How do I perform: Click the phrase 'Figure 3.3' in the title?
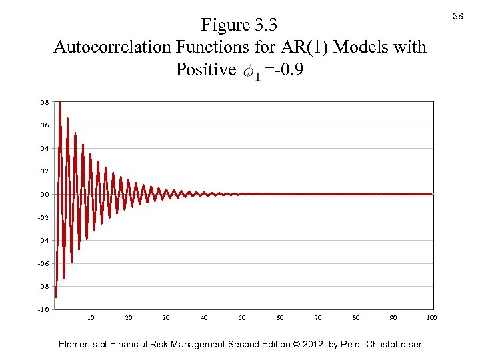coord(239,25)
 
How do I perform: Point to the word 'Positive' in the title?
coord(205,69)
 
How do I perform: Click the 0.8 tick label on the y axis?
coord(44,102)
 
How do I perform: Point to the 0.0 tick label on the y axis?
coord(44,194)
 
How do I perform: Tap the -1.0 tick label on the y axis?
coord(43,309)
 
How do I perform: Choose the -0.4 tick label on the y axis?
coord(43,240)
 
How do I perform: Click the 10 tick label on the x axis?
coord(91,318)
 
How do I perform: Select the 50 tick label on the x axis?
coord(243,318)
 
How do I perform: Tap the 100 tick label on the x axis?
coord(431,318)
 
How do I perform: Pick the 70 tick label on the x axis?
coord(318,318)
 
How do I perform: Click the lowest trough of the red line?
coord(57,297)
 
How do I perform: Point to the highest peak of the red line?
coord(60,103)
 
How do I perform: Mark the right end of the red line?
coord(431,194)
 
